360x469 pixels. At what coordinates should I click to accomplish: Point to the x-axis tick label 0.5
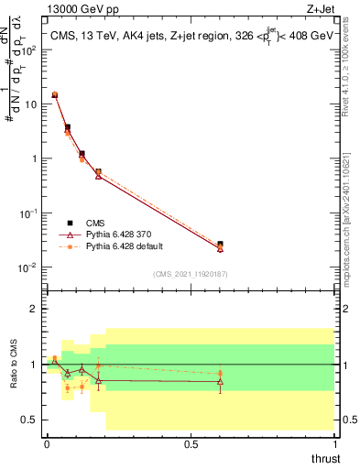click(x=191, y=443)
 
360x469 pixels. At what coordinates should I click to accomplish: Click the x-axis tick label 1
click(x=334, y=443)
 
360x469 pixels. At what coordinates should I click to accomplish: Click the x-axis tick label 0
click(x=47, y=443)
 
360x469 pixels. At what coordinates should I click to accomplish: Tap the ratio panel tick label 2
click(x=35, y=309)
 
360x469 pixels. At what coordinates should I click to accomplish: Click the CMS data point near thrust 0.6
click(x=220, y=245)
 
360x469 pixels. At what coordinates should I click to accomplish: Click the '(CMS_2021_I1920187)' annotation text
click(x=190, y=273)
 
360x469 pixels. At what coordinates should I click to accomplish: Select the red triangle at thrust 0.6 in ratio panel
click(x=220, y=381)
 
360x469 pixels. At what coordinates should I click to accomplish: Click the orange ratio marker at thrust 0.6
click(x=220, y=373)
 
